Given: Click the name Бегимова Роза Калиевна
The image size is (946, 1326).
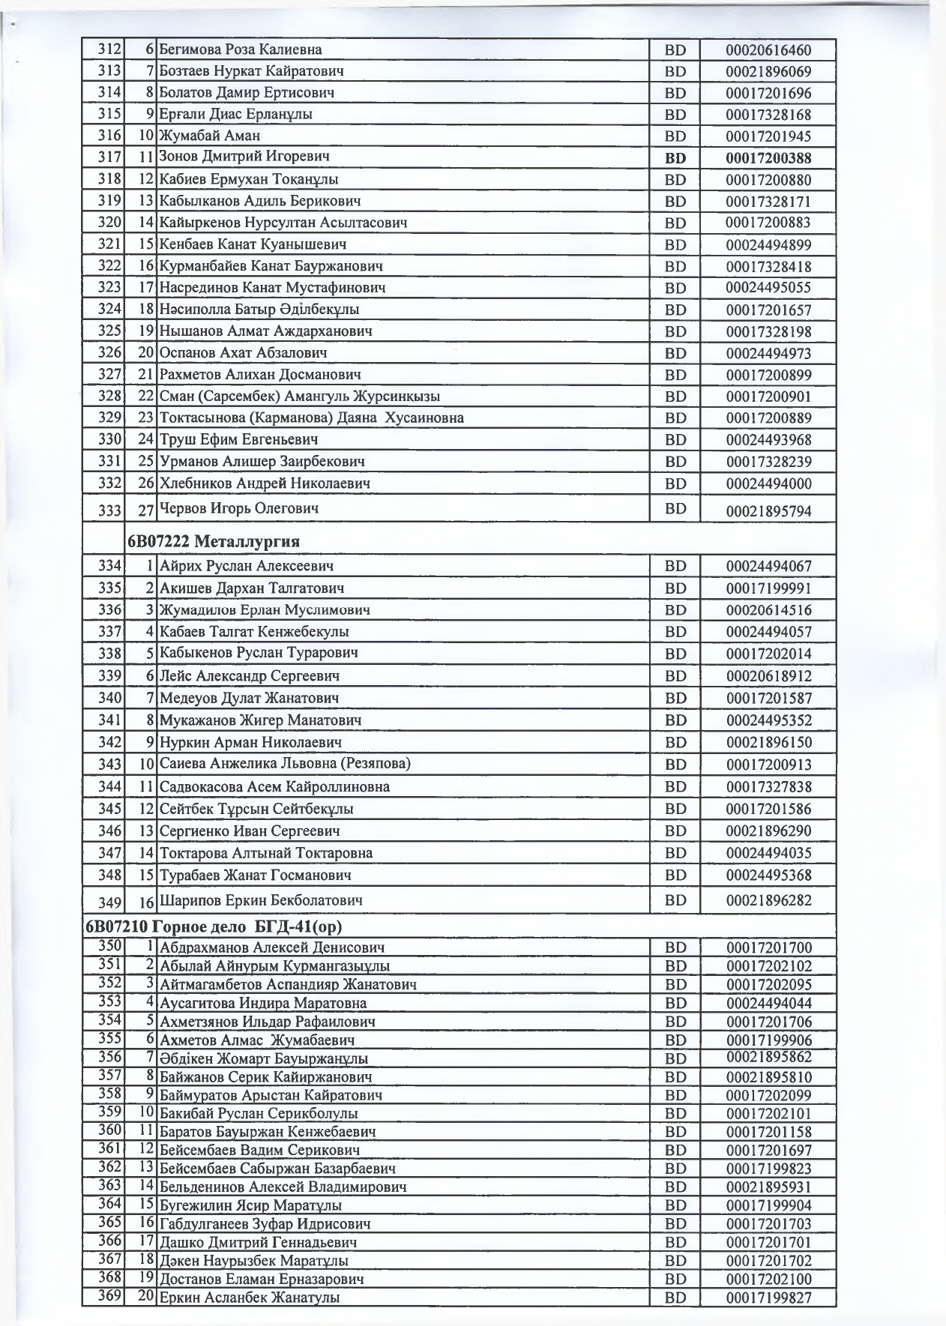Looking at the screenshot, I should pyautogui.click(x=241, y=49).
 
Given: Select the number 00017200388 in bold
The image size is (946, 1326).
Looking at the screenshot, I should pyautogui.click(x=768, y=158).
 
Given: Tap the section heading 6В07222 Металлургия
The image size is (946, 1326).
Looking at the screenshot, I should pyautogui.click(x=214, y=541).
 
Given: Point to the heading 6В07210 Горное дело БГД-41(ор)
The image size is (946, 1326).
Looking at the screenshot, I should pyautogui.click(x=214, y=926).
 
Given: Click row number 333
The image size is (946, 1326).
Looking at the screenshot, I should pyautogui.click(x=109, y=510).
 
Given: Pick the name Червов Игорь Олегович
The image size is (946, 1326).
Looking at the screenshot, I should pyautogui.click(x=239, y=508).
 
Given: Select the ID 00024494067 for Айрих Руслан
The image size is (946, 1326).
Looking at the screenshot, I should pyautogui.click(x=768, y=567).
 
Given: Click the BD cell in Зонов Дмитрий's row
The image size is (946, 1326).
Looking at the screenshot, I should pyautogui.click(x=675, y=158).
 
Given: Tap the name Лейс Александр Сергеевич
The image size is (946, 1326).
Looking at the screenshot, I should pyautogui.click(x=250, y=675).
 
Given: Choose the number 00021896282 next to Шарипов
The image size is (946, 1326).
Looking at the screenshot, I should pyautogui.click(x=768, y=900).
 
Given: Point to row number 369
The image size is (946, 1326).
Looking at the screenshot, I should pyautogui.click(x=109, y=1295).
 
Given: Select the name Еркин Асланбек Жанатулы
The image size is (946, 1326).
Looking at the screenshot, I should pyautogui.click(x=250, y=1298).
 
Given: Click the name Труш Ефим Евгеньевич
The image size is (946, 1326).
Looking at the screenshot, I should pyautogui.click(x=239, y=439).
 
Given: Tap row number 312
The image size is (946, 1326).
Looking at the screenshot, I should pyautogui.click(x=109, y=49).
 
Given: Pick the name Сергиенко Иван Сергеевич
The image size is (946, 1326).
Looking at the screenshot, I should pyautogui.click(x=250, y=831).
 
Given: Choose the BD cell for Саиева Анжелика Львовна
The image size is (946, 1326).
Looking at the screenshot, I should pyautogui.click(x=675, y=765).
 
